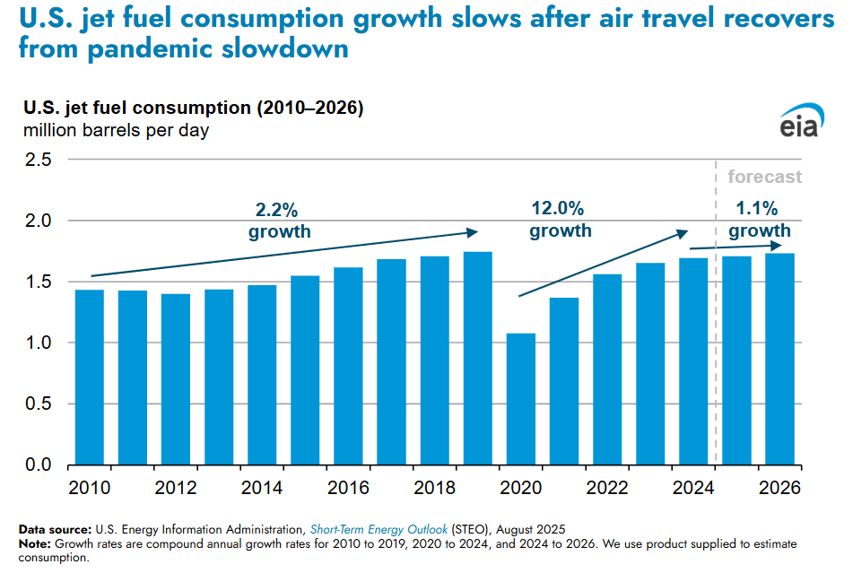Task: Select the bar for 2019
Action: click(477, 359)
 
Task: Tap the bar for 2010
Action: click(90, 377)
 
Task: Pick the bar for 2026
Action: click(779, 359)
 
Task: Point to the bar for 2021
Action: click(564, 381)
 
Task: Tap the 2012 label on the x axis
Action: click(176, 489)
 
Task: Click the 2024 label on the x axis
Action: click(692, 489)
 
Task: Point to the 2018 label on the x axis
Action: click(434, 489)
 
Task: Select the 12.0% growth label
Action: click(560, 220)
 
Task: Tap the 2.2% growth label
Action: click(279, 221)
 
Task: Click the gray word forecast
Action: click(764, 177)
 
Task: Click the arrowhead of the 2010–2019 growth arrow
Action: click(474, 232)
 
